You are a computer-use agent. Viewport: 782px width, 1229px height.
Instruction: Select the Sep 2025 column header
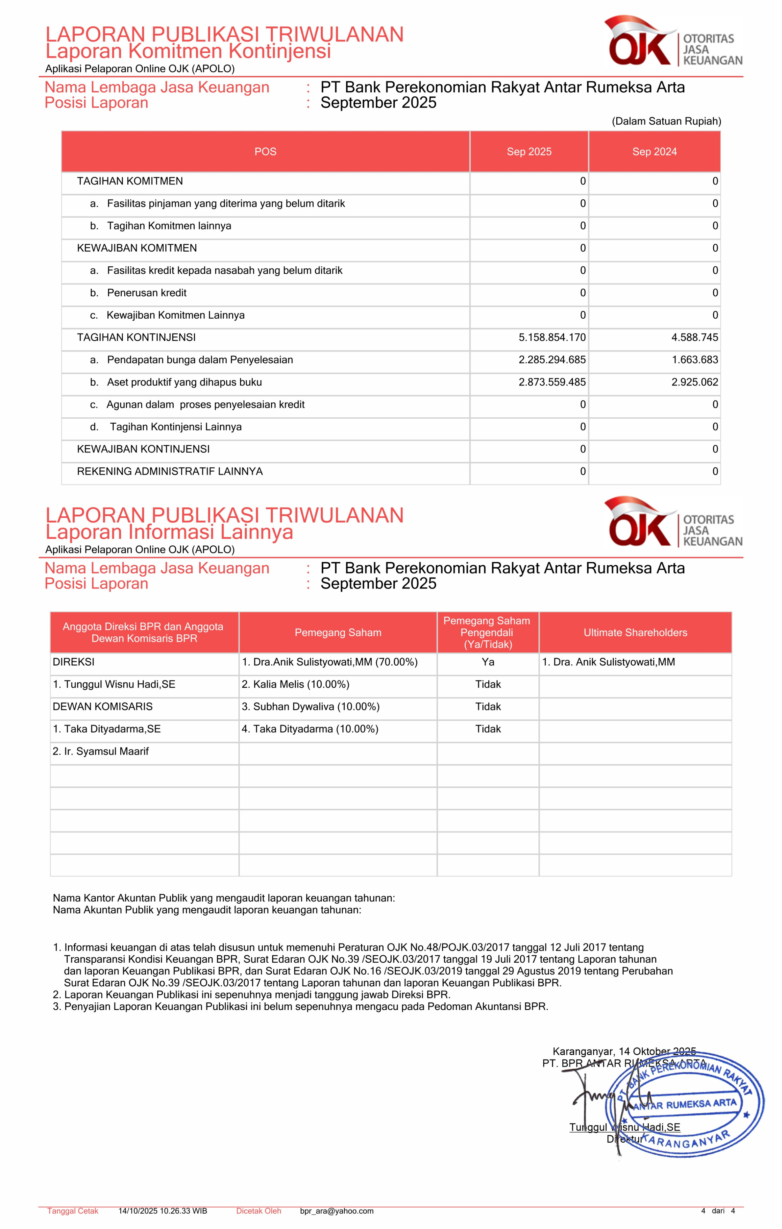coord(529,152)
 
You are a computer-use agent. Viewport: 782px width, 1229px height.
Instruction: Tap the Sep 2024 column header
coord(654,152)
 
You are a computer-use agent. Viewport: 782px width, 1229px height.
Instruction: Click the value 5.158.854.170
coord(552,338)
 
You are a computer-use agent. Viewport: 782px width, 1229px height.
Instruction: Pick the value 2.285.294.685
coord(552,360)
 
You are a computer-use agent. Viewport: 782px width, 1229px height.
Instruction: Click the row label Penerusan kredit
coord(147,293)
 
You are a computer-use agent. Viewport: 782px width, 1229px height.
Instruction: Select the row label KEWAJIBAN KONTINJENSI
coord(143,449)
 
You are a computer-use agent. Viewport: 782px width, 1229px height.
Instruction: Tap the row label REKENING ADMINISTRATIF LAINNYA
coord(170,472)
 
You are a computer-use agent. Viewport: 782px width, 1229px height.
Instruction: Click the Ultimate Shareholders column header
coord(635,632)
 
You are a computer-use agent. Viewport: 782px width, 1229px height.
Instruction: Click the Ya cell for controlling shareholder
coord(488,662)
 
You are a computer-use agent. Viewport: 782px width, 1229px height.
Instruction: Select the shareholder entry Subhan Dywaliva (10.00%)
coord(311,707)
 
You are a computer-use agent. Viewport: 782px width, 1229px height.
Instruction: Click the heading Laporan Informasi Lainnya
coord(169,532)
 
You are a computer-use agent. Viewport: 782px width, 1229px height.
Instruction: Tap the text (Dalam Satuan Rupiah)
coord(666,121)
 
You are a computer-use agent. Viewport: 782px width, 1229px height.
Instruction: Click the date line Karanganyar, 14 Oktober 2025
coord(624,1051)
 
